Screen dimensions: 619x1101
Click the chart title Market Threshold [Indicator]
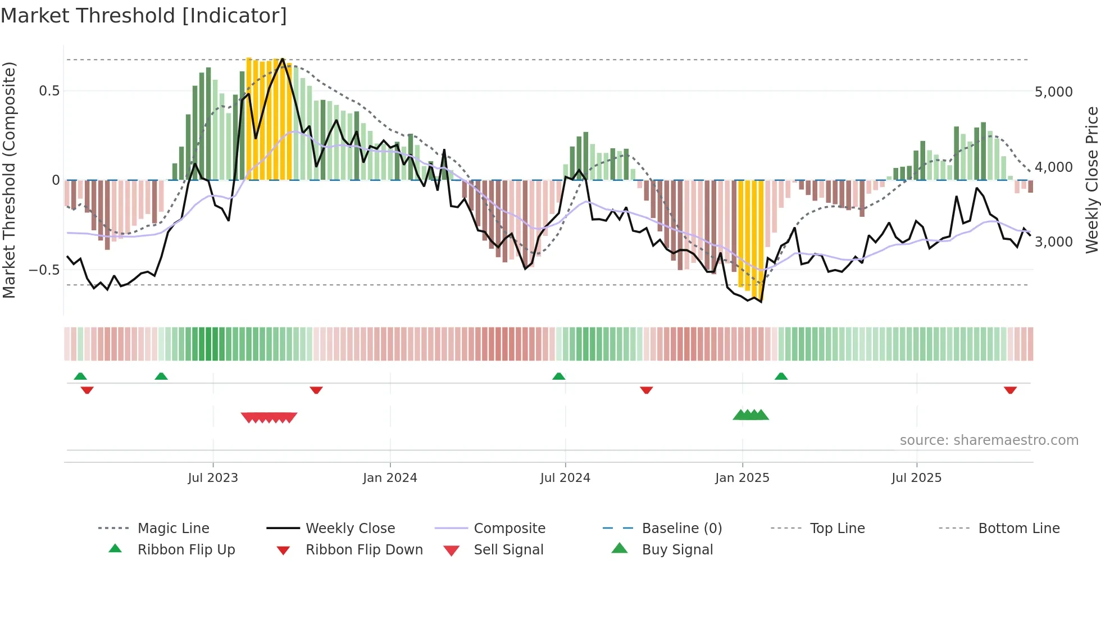(144, 16)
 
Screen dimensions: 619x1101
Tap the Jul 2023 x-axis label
(213, 478)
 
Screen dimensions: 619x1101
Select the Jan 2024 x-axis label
(390, 478)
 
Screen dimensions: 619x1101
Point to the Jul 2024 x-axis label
(565, 478)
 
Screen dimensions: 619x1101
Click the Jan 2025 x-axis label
(742, 478)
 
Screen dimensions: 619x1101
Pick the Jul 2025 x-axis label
(916, 478)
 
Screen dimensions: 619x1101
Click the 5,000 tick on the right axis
(1053, 92)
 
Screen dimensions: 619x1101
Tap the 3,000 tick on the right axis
(1053, 242)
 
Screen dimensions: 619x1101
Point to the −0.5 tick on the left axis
(44, 270)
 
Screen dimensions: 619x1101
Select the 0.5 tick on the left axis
(49, 91)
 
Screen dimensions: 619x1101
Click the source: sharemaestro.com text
(989, 440)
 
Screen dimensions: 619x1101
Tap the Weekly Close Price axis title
(1091, 180)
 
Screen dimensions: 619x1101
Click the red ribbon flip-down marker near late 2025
(1010, 390)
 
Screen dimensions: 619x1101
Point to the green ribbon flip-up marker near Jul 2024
(558, 376)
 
